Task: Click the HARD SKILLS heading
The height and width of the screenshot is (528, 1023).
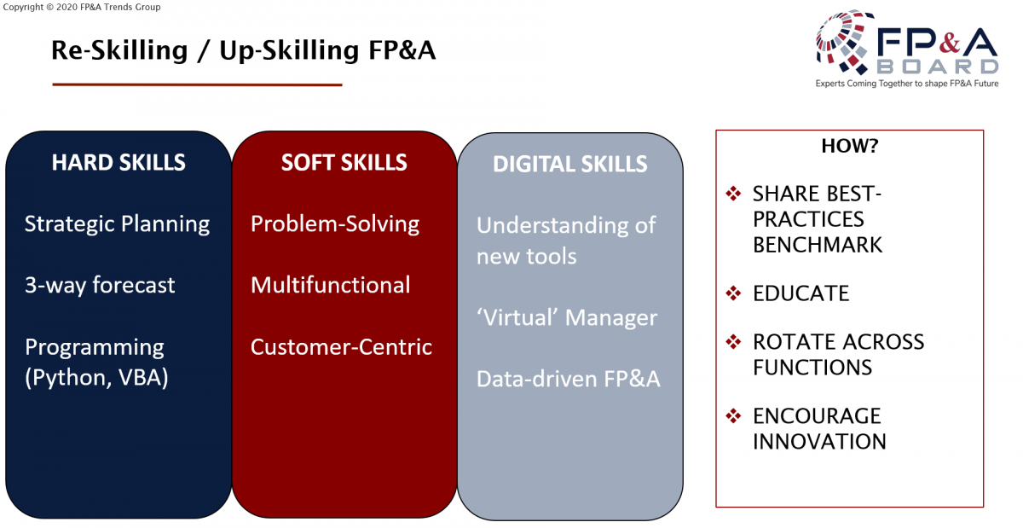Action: (x=118, y=162)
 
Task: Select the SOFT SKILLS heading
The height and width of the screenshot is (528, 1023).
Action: (x=344, y=162)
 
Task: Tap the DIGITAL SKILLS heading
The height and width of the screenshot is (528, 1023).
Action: (x=570, y=164)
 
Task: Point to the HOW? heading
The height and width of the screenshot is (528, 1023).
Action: (x=849, y=146)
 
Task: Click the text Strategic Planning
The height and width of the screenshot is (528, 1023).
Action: (x=117, y=224)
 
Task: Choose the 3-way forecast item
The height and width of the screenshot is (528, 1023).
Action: (x=100, y=285)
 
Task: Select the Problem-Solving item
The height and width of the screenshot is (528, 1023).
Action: (x=335, y=224)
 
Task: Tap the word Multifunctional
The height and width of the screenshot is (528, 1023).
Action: (x=330, y=285)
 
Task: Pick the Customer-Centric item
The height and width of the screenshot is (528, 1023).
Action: (x=341, y=347)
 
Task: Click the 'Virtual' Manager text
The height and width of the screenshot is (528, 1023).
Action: (x=566, y=317)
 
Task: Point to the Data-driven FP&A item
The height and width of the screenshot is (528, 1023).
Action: (x=568, y=379)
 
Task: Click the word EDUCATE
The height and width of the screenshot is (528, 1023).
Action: (x=800, y=293)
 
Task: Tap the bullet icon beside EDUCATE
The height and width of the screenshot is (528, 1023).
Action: (x=733, y=293)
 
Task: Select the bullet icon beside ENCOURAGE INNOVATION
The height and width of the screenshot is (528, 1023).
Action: (x=733, y=415)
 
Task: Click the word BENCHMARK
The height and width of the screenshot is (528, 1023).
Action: (x=818, y=245)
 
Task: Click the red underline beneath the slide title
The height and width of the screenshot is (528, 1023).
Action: (x=197, y=84)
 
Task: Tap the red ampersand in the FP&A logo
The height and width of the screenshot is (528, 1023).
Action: (x=950, y=43)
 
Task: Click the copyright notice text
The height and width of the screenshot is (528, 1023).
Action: (x=82, y=7)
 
